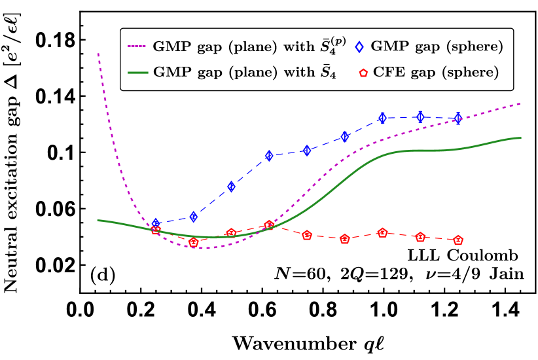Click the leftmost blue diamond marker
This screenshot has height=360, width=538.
156,223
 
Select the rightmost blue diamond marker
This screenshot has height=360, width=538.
458,118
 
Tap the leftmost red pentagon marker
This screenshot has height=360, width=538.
156,230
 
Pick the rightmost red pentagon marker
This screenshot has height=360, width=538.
458,240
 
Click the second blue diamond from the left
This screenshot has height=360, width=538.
193,217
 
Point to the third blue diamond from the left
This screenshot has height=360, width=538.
231,187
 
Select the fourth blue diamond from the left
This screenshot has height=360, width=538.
269,156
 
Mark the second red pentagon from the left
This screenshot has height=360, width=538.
193,242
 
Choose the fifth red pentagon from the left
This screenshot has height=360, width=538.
307,235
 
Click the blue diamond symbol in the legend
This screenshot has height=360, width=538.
359,47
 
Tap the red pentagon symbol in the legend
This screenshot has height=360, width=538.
363,73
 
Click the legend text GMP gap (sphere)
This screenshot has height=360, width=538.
437,47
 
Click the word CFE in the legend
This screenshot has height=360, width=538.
386,73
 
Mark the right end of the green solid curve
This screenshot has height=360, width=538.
520,138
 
